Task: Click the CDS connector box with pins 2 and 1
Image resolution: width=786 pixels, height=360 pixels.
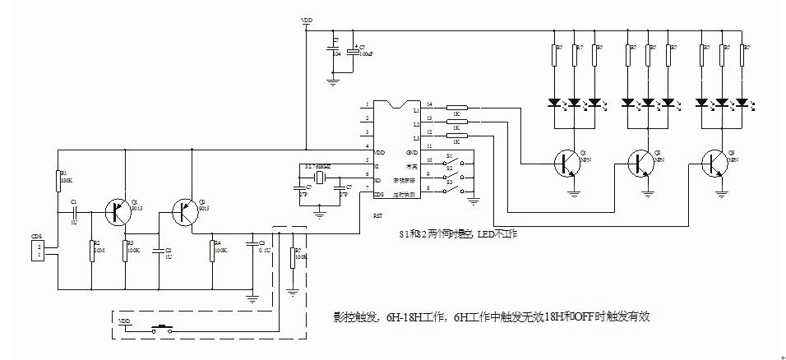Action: pyautogui.click(x=36, y=251)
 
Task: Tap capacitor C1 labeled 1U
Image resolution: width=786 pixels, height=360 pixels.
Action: pyautogui.click(x=74, y=211)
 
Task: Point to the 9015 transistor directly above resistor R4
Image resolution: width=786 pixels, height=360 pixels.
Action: pyautogui.click(x=185, y=211)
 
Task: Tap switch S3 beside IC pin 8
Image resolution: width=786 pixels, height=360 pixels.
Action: pyautogui.click(x=451, y=191)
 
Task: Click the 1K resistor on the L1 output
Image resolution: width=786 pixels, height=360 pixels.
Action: pyautogui.click(x=456, y=108)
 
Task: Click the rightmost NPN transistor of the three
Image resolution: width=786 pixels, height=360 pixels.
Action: pyautogui.click(x=714, y=164)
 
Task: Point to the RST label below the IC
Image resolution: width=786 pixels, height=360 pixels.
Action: pyautogui.click(x=378, y=217)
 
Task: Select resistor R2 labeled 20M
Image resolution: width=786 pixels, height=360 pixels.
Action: pyautogui.click(x=91, y=248)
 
